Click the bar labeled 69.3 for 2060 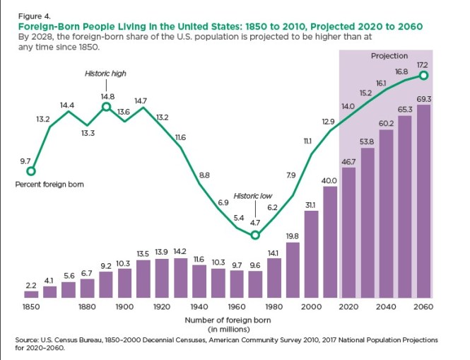(424, 202)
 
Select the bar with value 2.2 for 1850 (31, 294)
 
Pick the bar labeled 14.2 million (180, 277)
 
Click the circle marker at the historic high (106, 107)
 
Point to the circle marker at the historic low (256, 236)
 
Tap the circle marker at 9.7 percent (30, 170)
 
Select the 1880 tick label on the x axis (88, 308)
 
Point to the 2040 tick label (387, 308)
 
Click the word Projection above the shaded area (389, 56)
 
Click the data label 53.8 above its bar (368, 141)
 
